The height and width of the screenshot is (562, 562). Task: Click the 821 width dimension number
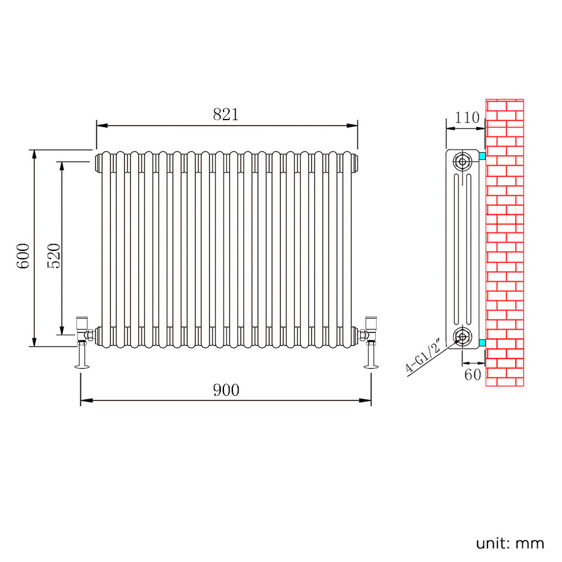[226, 115]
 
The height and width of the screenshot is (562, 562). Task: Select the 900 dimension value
[226, 390]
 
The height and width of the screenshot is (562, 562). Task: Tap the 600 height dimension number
[23, 255]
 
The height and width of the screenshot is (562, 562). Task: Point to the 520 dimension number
[54, 255]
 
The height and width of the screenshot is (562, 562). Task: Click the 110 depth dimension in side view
[467, 117]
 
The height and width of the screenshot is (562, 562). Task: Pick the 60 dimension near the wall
[472, 375]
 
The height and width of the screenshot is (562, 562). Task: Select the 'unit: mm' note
[510, 543]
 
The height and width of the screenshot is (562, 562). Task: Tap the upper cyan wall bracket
[482, 156]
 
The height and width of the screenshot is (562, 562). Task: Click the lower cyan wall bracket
[482, 343]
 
